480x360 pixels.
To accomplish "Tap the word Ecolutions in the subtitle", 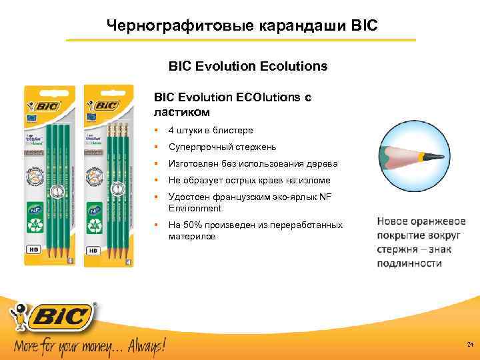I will [x=295, y=67].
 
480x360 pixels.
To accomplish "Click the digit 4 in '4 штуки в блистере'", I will [x=171, y=130].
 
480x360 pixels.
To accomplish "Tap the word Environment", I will [x=195, y=209].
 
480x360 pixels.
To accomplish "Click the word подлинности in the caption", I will [x=409, y=263].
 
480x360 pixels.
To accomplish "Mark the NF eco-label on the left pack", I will [x=35, y=208].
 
